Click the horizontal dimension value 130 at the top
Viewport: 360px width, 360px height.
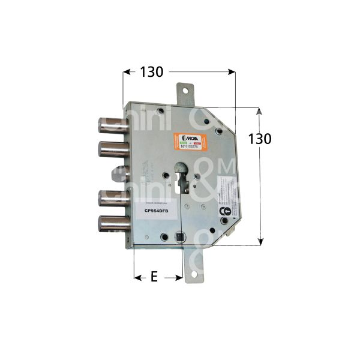coord(151,72)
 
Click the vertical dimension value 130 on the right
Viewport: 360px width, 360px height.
coord(259,139)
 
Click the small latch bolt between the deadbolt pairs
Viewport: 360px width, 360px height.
coord(117,174)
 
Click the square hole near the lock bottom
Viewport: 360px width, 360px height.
coord(179,241)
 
